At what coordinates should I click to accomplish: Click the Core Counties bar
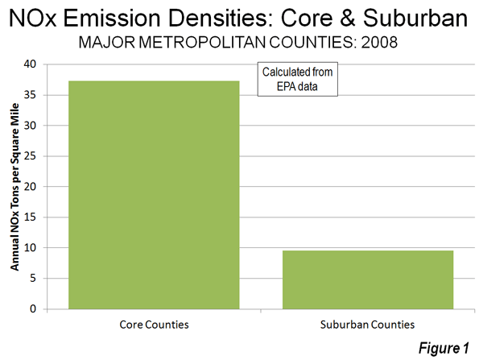[x=154, y=195]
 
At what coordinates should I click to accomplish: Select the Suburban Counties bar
[x=368, y=279]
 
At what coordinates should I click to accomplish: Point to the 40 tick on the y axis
[x=30, y=64]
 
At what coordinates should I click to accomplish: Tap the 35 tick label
[x=30, y=95]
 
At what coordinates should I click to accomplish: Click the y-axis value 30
[x=30, y=126]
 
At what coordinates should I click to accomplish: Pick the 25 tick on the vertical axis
[x=30, y=156]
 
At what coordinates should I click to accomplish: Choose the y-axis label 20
[x=30, y=187]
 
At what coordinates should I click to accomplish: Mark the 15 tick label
[x=30, y=217]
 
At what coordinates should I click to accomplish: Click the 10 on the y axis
[x=30, y=248]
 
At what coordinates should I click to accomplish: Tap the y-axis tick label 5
[x=33, y=279]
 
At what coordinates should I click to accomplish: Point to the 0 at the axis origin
[x=33, y=309]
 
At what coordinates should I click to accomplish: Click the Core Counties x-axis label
[x=154, y=325]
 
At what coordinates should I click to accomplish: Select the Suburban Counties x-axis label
[x=367, y=325]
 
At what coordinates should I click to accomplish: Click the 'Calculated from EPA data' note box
[x=298, y=79]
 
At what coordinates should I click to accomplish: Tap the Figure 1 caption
[x=444, y=348]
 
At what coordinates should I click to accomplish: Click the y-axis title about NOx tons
[x=14, y=187]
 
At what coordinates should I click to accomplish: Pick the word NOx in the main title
[x=33, y=18]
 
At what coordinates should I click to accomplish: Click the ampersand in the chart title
[x=347, y=18]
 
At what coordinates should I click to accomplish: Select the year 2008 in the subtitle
[x=379, y=42]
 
